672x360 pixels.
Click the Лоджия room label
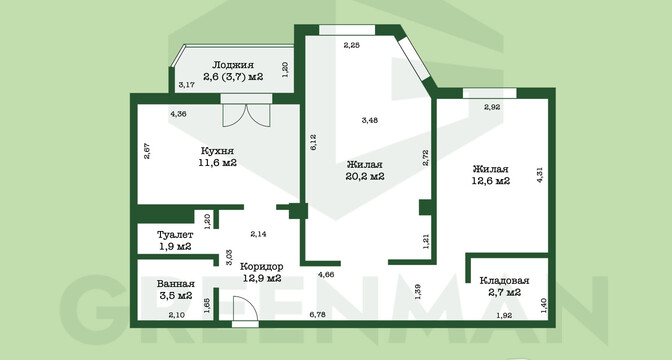click(233, 65)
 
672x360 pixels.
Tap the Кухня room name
click(217, 151)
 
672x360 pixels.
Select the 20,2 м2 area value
click(365, 176)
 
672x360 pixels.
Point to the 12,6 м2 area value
click(491, 180)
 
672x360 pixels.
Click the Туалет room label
click(175, 235)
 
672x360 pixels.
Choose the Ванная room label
click(176, 284)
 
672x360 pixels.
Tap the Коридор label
click(261, 266)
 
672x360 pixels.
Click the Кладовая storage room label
click(504, 281)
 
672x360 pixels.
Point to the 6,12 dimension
click(314, 142)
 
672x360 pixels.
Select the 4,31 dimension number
click(540, 175)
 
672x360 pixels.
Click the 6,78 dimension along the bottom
click(318, 315)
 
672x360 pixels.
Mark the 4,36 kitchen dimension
click(178, 114)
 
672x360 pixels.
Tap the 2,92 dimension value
click(492, 107)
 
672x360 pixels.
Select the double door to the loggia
click(246, 115)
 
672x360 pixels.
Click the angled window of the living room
click(414, 58)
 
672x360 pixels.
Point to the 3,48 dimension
click(369, 120)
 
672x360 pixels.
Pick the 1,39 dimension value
click(418, 291)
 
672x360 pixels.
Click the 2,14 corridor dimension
click(258, 234)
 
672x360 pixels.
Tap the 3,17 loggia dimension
click(187, 85)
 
